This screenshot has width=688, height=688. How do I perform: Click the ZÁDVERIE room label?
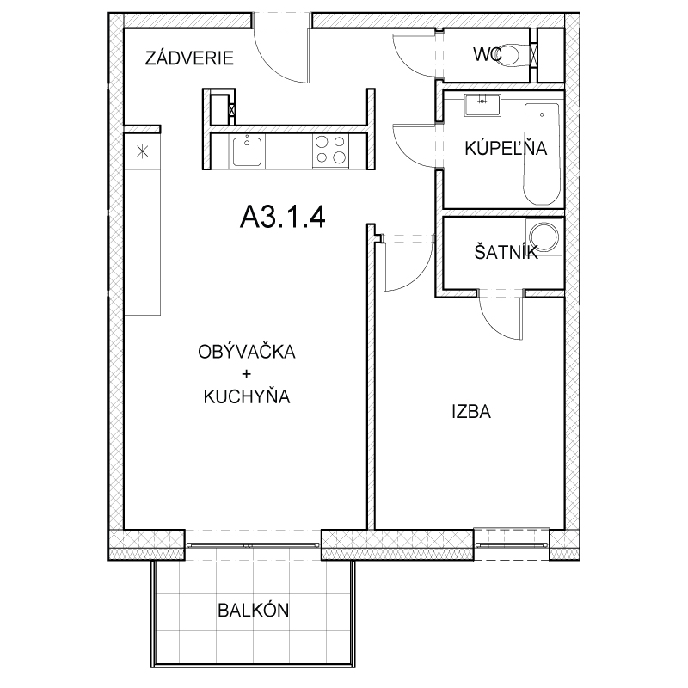coord(189,58)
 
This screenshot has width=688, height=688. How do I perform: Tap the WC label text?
coord(487,54)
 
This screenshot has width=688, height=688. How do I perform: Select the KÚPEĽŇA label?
coord(506,147)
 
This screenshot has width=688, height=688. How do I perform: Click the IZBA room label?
coord(471,412)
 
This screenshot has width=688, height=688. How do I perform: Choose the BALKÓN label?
coord(254,610)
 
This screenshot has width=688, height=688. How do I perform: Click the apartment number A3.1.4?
coord(283,217)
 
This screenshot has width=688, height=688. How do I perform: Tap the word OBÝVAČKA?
coord(247,352)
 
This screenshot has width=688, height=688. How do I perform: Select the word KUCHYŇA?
coord(247,396)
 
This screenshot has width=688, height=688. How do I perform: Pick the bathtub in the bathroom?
coord(542,154)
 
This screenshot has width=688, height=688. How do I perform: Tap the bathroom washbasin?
coord(482,105)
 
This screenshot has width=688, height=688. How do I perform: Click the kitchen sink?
coord(247,151)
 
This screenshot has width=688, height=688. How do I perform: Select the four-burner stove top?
coord(331,151)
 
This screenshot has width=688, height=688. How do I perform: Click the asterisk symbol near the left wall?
coord(142,151)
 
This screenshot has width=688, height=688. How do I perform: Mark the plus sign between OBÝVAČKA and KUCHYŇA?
coord(246,374)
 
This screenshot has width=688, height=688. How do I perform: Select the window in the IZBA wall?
coord(512,544)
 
